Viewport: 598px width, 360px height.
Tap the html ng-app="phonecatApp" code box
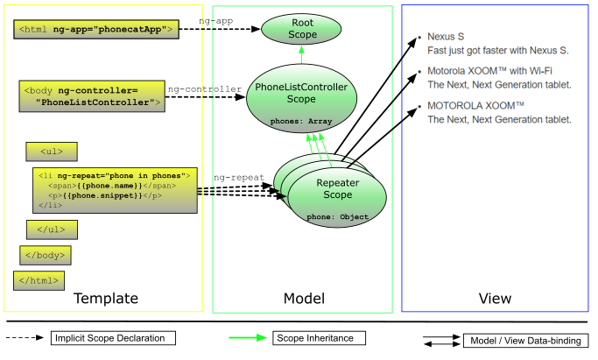(97, 30)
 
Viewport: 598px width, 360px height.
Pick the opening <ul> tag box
(43, 150)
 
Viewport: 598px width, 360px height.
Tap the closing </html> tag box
(38, 280)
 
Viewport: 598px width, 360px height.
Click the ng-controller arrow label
(205, 88)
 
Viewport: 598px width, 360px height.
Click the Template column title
(105, 299)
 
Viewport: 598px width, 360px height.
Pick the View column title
(495, 299)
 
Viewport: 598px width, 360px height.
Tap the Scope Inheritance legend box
(320, 338)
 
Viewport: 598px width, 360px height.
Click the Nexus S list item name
(445, 37)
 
